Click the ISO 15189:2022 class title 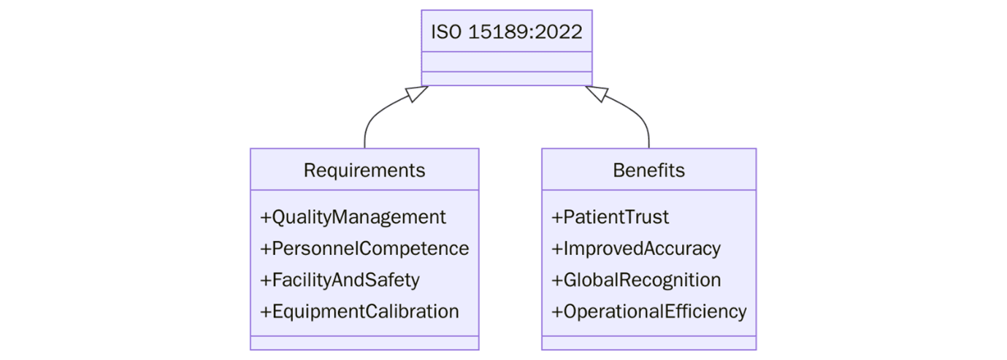tap(506, 32)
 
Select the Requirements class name tap(364, 170)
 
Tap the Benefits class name tap(648, 170)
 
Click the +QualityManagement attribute tap(353, 217)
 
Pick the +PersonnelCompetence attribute tap(364, 248)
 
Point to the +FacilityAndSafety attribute tap(340, 280)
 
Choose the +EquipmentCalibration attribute tap(359, 311)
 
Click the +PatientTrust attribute tap(610, 217)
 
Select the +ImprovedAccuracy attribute tap(635, 248)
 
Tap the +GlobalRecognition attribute tap(636, 280)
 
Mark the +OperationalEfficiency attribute tap(648, 311)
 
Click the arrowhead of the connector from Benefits tap(596, 93)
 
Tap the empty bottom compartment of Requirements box tap(364, 342)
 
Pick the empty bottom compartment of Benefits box tap(648, 342)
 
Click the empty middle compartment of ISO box tap(506, 62)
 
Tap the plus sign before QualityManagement tap(265, 218)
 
